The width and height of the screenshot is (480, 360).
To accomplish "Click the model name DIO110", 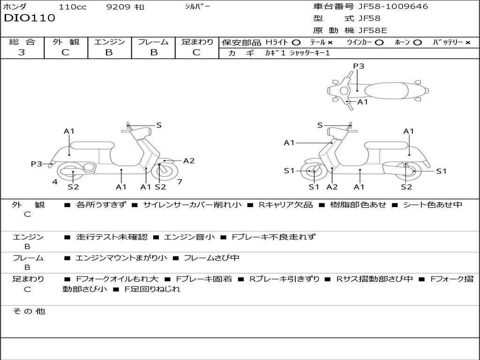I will (30, 18).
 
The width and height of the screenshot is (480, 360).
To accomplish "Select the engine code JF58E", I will (372, 31).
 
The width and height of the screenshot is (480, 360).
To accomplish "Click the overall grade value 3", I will (22, 52).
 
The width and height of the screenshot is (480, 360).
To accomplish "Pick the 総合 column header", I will (22, 42).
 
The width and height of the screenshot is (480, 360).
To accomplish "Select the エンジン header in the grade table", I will (109, 42).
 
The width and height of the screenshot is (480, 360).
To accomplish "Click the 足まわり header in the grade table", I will (197, 42).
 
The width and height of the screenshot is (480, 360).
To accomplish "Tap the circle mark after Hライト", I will (296, 43).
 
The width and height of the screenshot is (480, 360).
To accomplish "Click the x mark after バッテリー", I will (467, 43).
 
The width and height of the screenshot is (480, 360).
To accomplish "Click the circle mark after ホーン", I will (417, 43).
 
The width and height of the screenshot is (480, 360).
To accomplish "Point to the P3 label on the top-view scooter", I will (359, 66).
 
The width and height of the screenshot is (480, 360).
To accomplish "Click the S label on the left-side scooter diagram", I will (159, 125).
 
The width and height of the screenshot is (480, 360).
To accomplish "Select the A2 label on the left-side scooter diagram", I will (188, 161).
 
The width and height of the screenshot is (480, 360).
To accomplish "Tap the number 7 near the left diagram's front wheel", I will (180, 181).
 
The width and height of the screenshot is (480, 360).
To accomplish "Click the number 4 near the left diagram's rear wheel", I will (55, 181).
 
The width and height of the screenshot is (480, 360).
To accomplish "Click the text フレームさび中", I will (211, 258).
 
